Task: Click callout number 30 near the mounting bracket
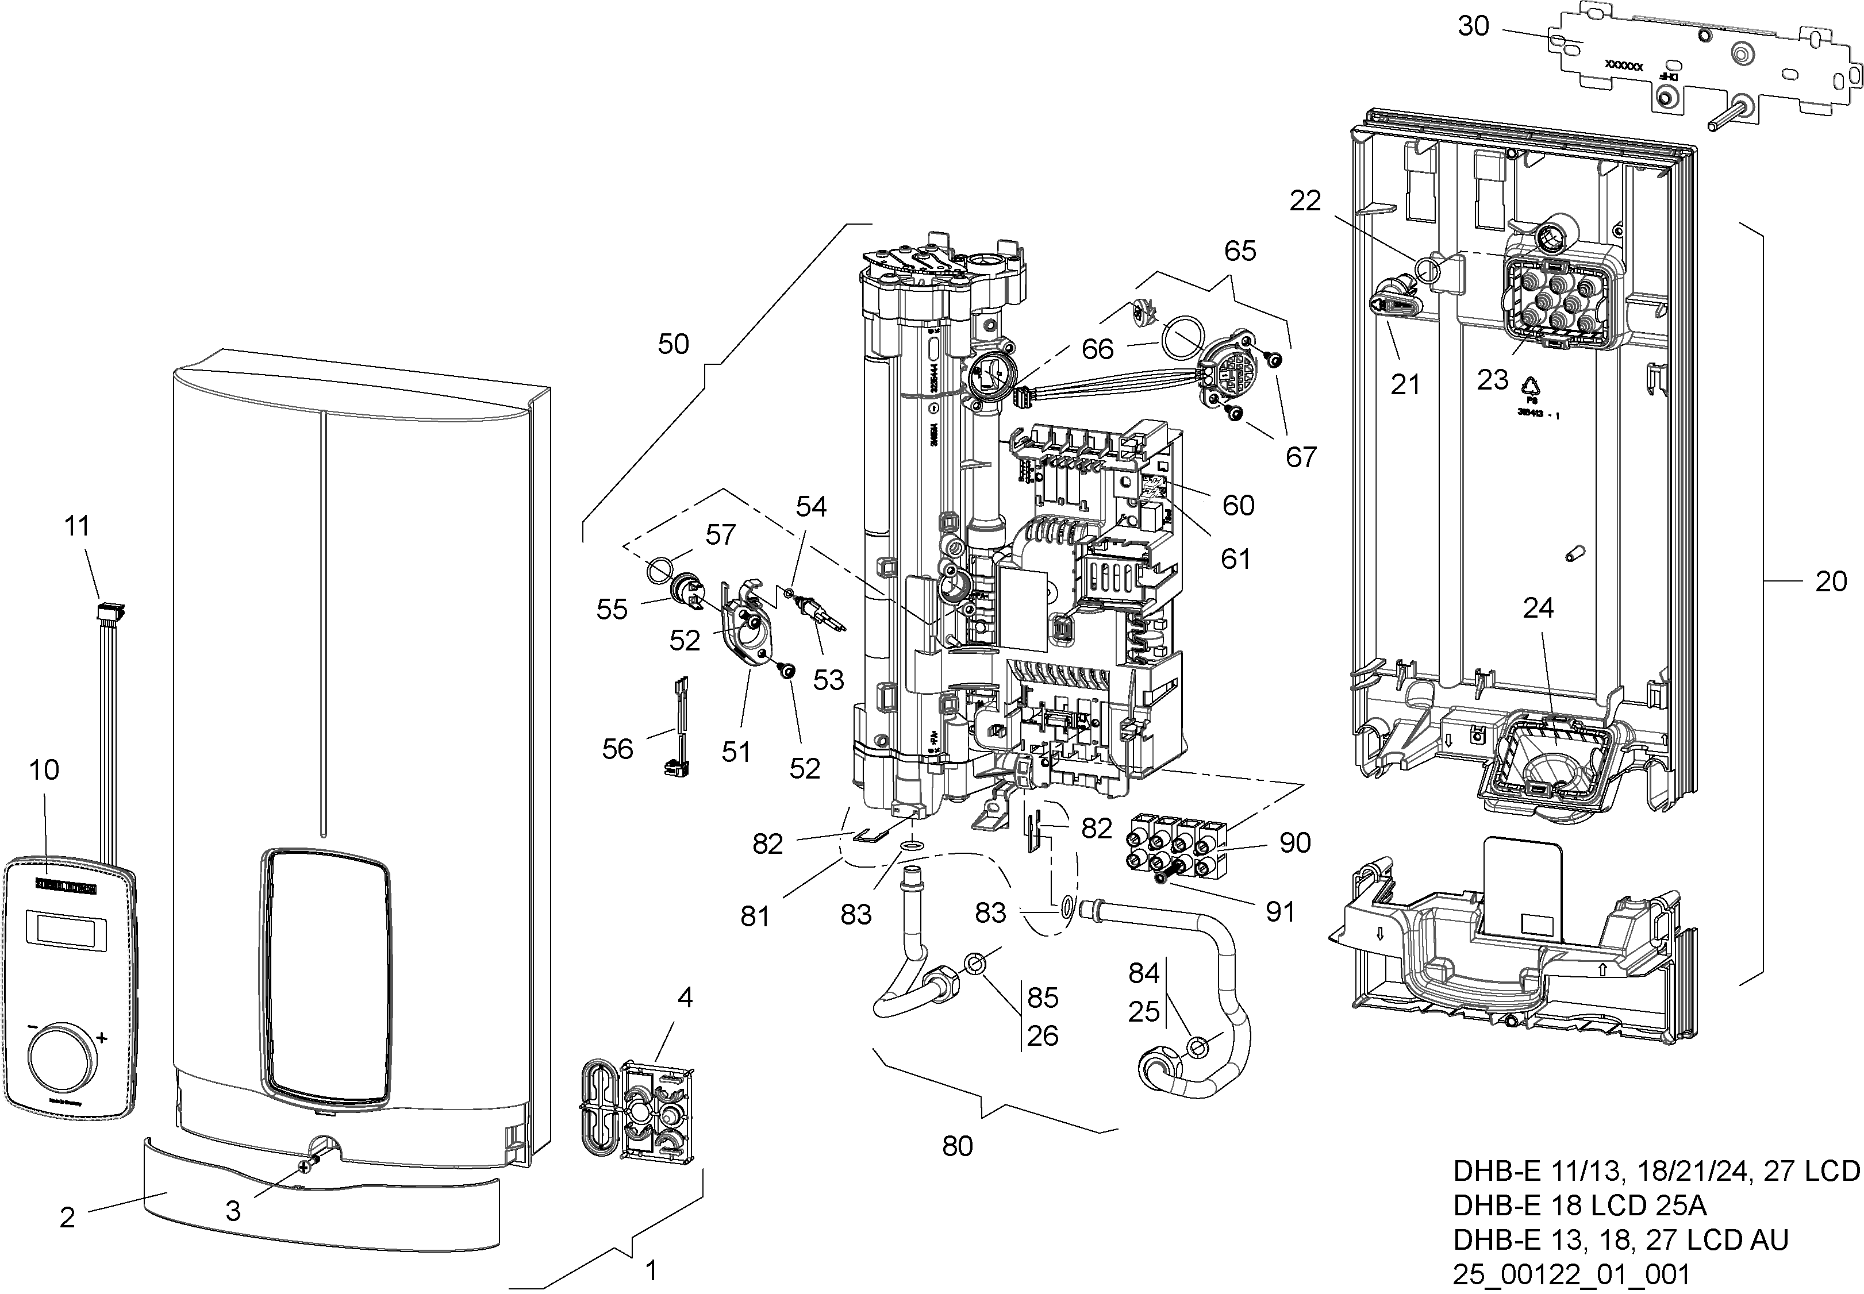[1473, 27]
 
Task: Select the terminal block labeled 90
[1175, 848]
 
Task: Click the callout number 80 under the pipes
[957, 1146]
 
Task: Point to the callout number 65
[1240, 251]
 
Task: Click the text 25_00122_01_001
[1571, 1274]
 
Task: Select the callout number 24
[1538, 607]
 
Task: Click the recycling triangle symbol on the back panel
[1530, 386]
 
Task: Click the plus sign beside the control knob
[102, 1037]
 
